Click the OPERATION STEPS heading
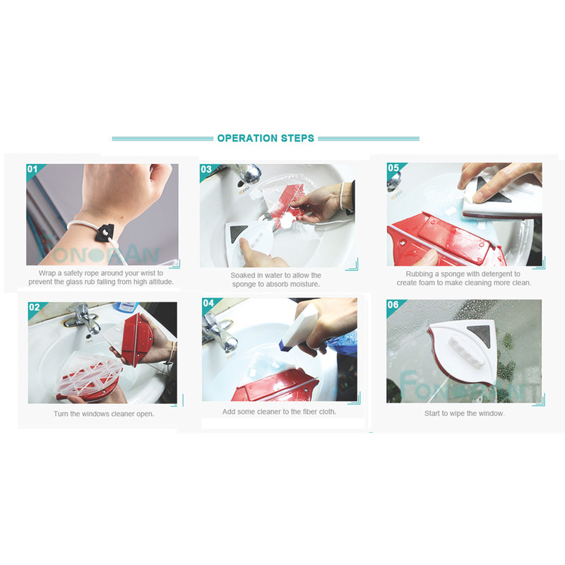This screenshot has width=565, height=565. [x=266, y=138]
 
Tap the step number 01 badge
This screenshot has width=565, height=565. [x=32, y=169]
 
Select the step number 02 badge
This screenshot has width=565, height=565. [x=34, y=307]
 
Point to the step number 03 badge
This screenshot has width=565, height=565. [x=206, y=169]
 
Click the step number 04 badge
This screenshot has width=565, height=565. [x=208, y=303]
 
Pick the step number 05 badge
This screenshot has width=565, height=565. [x=393, y=167]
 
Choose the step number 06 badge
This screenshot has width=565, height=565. [x=393, y=305]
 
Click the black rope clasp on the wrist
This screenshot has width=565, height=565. [x=105, y=233]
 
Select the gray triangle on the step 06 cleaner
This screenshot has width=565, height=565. [x=480, y=335]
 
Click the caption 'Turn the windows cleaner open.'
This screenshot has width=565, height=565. [x=104, y=414]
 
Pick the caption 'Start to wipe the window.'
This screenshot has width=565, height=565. [x=464, y=413]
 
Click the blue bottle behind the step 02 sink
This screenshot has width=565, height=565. [x=126, y=307]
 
